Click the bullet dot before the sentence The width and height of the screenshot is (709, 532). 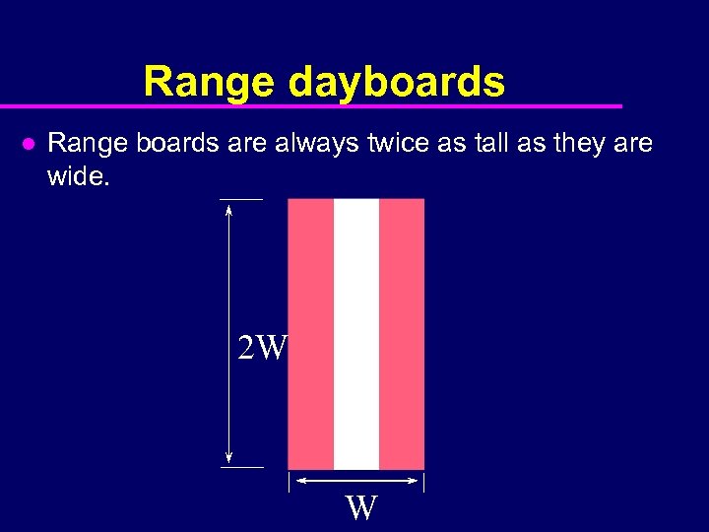(x=29, y=144)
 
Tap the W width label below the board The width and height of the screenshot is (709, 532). (x=361, y=508)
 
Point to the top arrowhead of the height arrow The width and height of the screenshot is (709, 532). (x=229, y=207)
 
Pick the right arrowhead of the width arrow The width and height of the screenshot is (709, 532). (x=414, y=481)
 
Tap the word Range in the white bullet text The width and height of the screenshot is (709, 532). (x=79, y=144)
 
